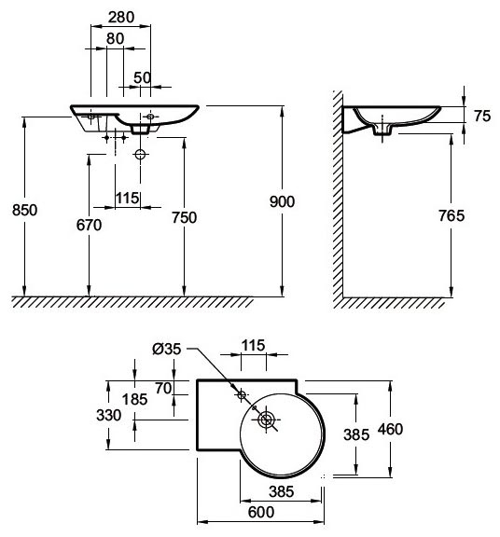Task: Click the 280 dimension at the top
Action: point(121,17)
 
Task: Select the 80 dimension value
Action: point(115,39)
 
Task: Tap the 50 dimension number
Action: point(142,77)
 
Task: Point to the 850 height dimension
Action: point(24,210)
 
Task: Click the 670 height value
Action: point(90,225)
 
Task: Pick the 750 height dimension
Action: point(185,217)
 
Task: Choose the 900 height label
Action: point(282,201)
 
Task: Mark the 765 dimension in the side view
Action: point(451,215)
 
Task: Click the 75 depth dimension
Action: point(482,117)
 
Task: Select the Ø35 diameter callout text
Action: point(167,349)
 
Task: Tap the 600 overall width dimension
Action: point(261,513)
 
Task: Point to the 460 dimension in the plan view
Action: point(390,429)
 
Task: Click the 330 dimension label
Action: point(109,416)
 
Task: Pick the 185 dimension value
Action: point(135,399)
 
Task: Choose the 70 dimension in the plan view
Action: point(163,389)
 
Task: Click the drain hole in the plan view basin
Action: point(266,420)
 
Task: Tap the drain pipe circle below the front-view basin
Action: point(140,155)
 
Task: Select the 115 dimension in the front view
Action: point(128,198)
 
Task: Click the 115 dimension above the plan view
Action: point(253,346)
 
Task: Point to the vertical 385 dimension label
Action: point(356,435)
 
